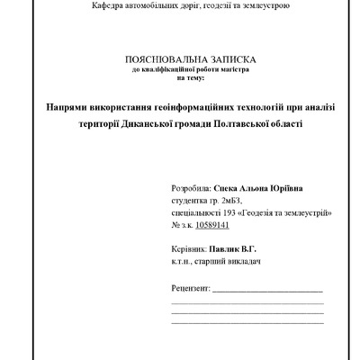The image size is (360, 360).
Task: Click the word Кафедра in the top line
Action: (112, 6)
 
